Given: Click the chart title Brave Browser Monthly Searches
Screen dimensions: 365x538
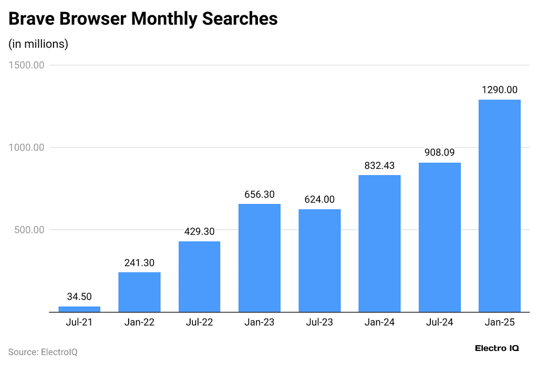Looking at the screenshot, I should [x=143, y=19].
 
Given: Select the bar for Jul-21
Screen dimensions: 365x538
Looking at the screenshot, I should [x=79, y=309].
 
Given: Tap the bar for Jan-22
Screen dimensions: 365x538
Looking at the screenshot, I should [x=139, y=292].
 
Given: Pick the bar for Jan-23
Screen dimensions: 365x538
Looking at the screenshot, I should [x=260, y=257].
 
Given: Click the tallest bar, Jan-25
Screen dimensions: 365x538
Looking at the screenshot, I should [x=499, y=206].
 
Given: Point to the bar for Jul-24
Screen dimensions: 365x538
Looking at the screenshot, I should [x=439, y=237].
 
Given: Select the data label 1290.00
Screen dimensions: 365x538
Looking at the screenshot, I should [x=499, y=90].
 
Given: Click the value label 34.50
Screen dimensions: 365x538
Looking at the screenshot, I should [x=79, y=297].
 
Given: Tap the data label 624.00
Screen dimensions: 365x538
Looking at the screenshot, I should [x=319, y=200].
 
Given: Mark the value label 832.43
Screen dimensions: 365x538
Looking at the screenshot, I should [x=379, y=165].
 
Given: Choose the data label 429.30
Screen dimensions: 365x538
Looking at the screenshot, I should [x=199, y=231].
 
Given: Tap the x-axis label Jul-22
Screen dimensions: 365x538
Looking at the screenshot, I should [x=199, y=323].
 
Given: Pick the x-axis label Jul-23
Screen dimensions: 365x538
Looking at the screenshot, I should [x=319, y=323].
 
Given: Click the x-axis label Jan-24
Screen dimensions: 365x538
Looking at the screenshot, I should [x=379, y=323].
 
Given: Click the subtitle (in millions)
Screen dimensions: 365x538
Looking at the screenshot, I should [x=38, y=44].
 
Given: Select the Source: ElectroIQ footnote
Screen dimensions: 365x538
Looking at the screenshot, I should [x=43, y=352].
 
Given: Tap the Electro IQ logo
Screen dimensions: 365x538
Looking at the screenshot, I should [x=496, y=348].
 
